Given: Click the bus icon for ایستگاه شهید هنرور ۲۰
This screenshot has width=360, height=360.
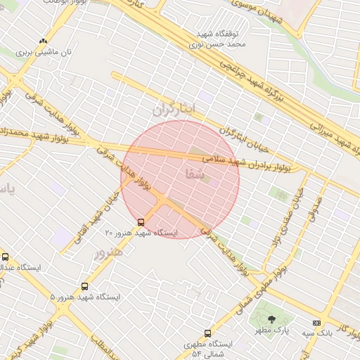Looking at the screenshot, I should [141, 222].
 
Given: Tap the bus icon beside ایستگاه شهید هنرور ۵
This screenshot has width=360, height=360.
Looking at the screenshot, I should [85, 287].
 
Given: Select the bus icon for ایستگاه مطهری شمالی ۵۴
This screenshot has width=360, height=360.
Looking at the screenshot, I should [207, 333].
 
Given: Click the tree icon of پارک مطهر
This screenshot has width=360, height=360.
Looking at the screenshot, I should [271, 321].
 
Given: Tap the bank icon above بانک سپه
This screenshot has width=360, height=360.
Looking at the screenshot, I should [315, 323].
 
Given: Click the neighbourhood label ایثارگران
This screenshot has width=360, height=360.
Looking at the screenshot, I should [172, 110].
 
